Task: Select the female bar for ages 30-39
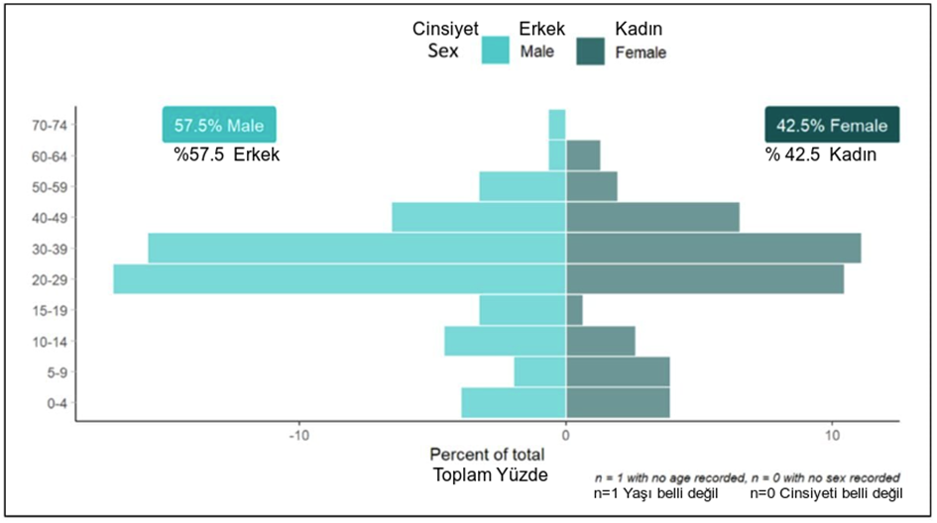tap(713, 248)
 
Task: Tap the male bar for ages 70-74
tap(557, 125)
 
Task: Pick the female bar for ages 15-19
tap(574, 310)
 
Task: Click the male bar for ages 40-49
tap(479, 217)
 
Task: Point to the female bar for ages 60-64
tap(583, 156)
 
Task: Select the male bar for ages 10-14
tap(505, 341)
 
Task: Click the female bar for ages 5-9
tap(618, 371)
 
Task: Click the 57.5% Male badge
tap(219, 126)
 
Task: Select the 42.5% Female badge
tap(831, 126)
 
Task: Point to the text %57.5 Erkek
tap(228, 156)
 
